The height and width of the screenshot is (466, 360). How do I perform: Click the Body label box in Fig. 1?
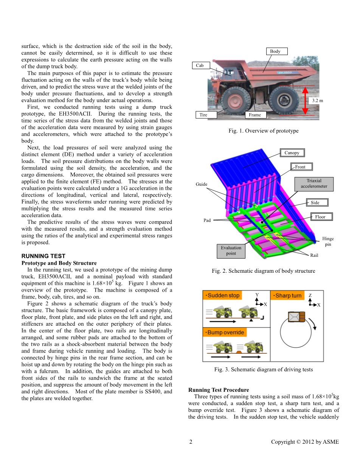point(275,51)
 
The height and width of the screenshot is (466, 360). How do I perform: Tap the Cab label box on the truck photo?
point(200,65)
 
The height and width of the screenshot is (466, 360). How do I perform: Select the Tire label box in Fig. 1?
point(203,115)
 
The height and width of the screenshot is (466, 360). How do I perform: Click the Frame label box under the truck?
point(255,115)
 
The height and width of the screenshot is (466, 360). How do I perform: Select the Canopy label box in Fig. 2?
point(292,153)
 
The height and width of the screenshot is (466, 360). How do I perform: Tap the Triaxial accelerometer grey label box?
point(314,183)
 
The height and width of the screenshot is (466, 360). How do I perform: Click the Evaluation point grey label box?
point(231,250)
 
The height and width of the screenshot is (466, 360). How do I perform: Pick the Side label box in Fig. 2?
point(315,202)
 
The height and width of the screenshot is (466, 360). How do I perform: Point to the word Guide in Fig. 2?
point(202,184)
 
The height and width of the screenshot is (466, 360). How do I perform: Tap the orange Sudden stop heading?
point(222,295)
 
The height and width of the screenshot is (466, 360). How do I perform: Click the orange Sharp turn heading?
point(287,295)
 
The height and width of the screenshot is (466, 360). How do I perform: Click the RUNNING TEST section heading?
point(43,256)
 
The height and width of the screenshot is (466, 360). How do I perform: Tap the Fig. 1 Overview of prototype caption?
point(263,131)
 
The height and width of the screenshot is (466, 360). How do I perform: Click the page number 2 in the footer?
point(191,442)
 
